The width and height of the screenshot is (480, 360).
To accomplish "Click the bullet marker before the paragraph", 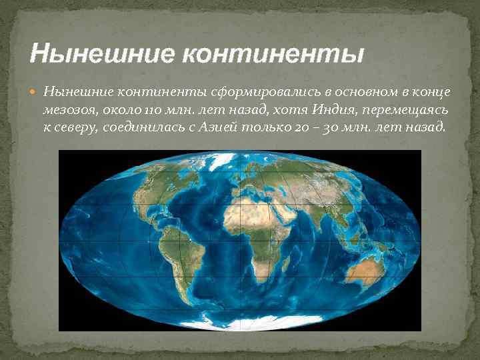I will click(35, 91).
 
